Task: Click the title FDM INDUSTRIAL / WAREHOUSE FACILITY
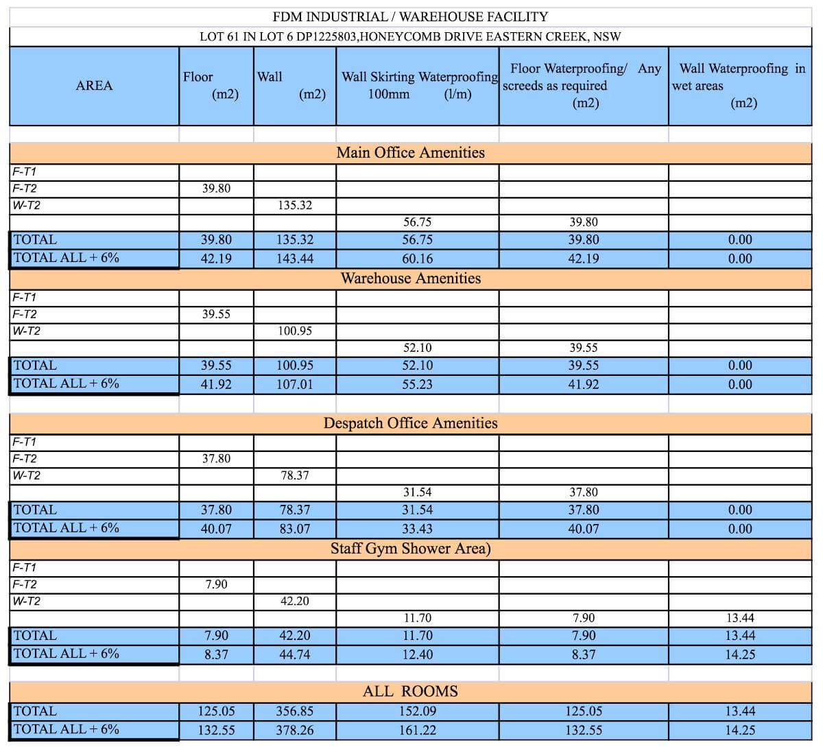[x=410, y=16]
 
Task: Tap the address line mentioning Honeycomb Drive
[x=410, y=36]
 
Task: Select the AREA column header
[x=94, y=86]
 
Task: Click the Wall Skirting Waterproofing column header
[x=419, y=85]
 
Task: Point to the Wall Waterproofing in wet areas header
[x=741, y=85]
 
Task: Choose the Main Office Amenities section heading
[x=410, y=152]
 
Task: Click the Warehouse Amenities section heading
[x=410, y=278]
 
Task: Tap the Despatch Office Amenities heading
[x=410, y=423]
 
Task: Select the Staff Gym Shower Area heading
[x=410, y=548]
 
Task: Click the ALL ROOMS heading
[x=410, y=691]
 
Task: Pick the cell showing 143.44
[x=295, y=259]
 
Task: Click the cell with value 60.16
[x=417, y=259]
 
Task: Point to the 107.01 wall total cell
[x=295, y=384]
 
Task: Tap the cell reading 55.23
[x=417, y=384]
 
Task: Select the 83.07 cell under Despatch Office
[x=295, y=529]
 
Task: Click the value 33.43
[x=417, y=529]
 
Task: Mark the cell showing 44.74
[x=295, y=654]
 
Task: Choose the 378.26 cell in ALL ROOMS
[x=295, y=730]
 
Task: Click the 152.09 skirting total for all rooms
[x=417, y=711]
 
